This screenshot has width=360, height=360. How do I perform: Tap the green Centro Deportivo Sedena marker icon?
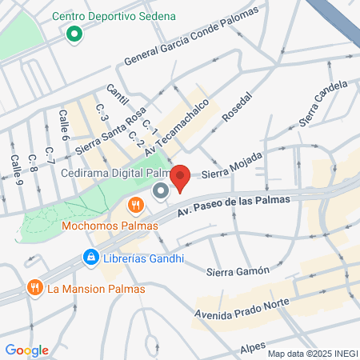pyautogui.click(x=74, y=34)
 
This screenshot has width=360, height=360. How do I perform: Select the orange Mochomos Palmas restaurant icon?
pyautogui.click(x=136, y=206)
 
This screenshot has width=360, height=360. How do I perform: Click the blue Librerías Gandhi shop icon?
pyautogui.click(x=91, y=258)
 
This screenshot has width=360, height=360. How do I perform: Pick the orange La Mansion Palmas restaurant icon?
pyautogui.click(x=34, y=287)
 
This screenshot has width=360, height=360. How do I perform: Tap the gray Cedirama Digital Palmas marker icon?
pyautogui.click(x=160, y=191)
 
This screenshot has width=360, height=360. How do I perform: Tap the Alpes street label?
pyautogui.click(x=253, y=349)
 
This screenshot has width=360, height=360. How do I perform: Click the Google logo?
pyautogui.click(x=26, y=350)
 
